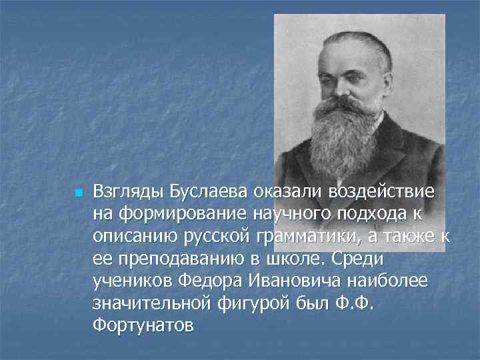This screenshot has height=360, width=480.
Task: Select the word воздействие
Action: click(381, 193)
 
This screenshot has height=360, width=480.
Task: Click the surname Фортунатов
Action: click(145, 326)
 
